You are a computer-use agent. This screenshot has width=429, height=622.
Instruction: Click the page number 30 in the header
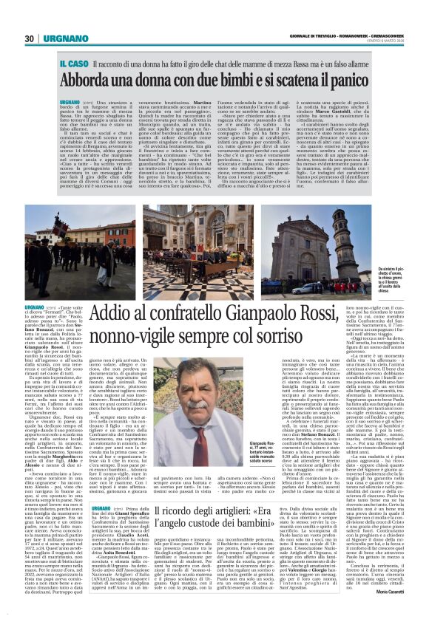click(x=29, y=38)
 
